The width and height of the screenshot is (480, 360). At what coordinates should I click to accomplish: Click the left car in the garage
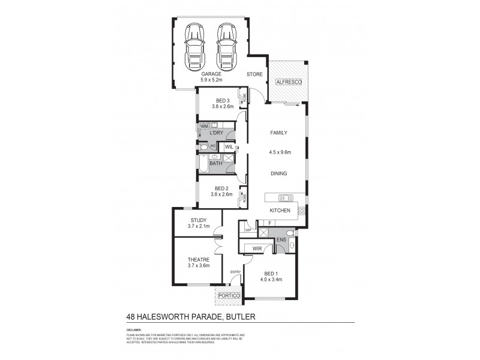pyautogui.click(x=195, y=45)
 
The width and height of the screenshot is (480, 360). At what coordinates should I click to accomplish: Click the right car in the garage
pyautogui.click(x=226, y=45)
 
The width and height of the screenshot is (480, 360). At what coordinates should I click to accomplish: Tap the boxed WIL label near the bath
pyautogui.click(x=229, y=147)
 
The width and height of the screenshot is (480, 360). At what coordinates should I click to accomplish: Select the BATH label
pyautogui.click(x=215, y=163)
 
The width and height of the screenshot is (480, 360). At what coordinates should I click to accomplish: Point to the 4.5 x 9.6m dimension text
pyautogui.click(x=280, y=152)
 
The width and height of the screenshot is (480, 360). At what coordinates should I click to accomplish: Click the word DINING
pyautogui.click(x=278, y=173)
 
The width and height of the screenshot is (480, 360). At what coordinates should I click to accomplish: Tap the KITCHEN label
pyautogui.click(x=280, y=211)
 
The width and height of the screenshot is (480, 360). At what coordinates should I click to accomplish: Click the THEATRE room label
pyautogui.click(x=198, y=259)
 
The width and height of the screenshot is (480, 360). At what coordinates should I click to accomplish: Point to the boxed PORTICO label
pyautogui.click(x=229, y=296)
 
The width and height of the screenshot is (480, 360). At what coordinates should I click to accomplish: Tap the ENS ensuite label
pyautogui.click(x=280, y=240)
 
